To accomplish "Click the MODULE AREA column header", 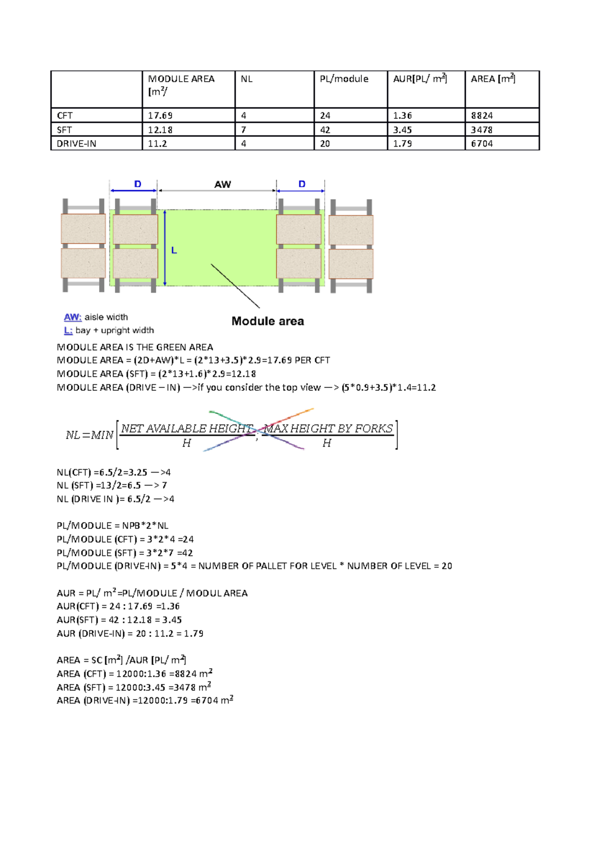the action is [x=181, y=79].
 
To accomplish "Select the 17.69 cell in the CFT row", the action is [x=160, y=115].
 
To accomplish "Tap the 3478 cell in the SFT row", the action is [x=482, y=130].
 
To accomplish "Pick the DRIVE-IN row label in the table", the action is [x=77, y=144].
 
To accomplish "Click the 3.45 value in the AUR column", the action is [x=402, y=130].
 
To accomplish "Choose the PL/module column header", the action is [x=344, y=79].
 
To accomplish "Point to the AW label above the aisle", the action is [x=223, y=184].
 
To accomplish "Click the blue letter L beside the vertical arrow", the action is [x=174, y=251].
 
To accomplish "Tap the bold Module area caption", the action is [x=268, y=321].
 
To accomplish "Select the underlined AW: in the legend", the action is [x=73, y=317].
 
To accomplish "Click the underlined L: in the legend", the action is [x=68, y=330].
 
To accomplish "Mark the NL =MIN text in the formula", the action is [x=90, y=435].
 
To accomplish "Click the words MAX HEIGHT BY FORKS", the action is [x=329, y=428].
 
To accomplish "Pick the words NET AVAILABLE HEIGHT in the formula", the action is [x=187, y=428].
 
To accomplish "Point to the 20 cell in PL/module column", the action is [x=325, y=144].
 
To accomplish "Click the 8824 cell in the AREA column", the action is [x=482, y=115].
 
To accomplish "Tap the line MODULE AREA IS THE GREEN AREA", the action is [x=135, y=347].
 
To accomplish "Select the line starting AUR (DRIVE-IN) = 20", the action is [x=130, y=633].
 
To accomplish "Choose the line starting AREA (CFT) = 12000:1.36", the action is [x=135, y=674].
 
